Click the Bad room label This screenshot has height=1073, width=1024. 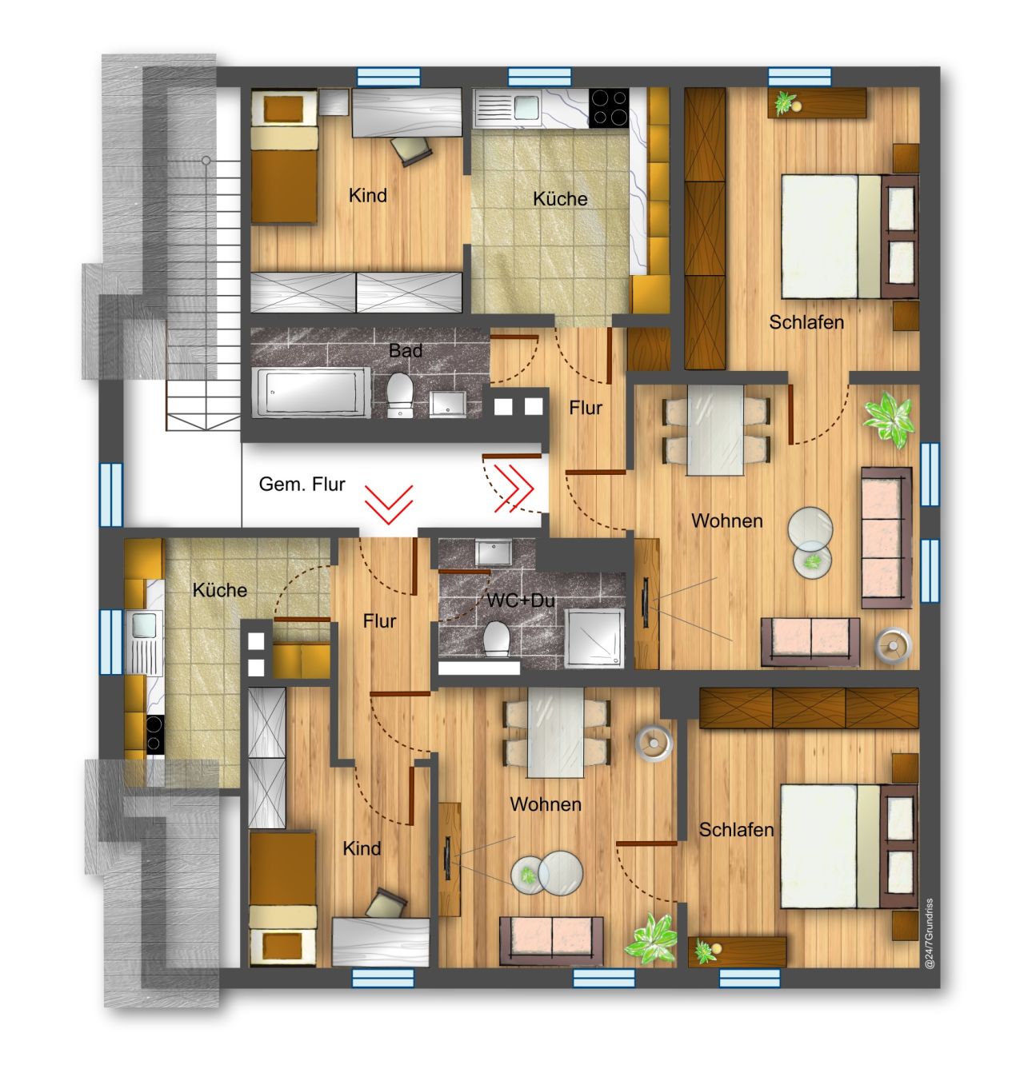(406, 350)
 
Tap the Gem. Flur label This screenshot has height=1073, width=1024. (302, 485)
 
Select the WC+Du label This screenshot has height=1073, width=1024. (521, 601)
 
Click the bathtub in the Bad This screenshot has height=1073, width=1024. (311, 392)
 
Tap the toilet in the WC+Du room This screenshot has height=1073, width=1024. (498, 640)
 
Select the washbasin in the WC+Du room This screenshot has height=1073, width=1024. (487, 552)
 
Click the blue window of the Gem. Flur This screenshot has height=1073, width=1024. (111, 493)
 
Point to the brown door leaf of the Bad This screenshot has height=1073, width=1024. (513, 338)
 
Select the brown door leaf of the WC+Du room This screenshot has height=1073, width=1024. (464, 572)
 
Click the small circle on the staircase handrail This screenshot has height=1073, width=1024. (206, 162)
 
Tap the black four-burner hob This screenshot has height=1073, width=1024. (609, 107)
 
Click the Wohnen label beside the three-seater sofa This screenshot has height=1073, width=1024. (726, 521)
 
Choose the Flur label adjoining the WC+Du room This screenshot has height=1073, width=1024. (379, 621)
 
